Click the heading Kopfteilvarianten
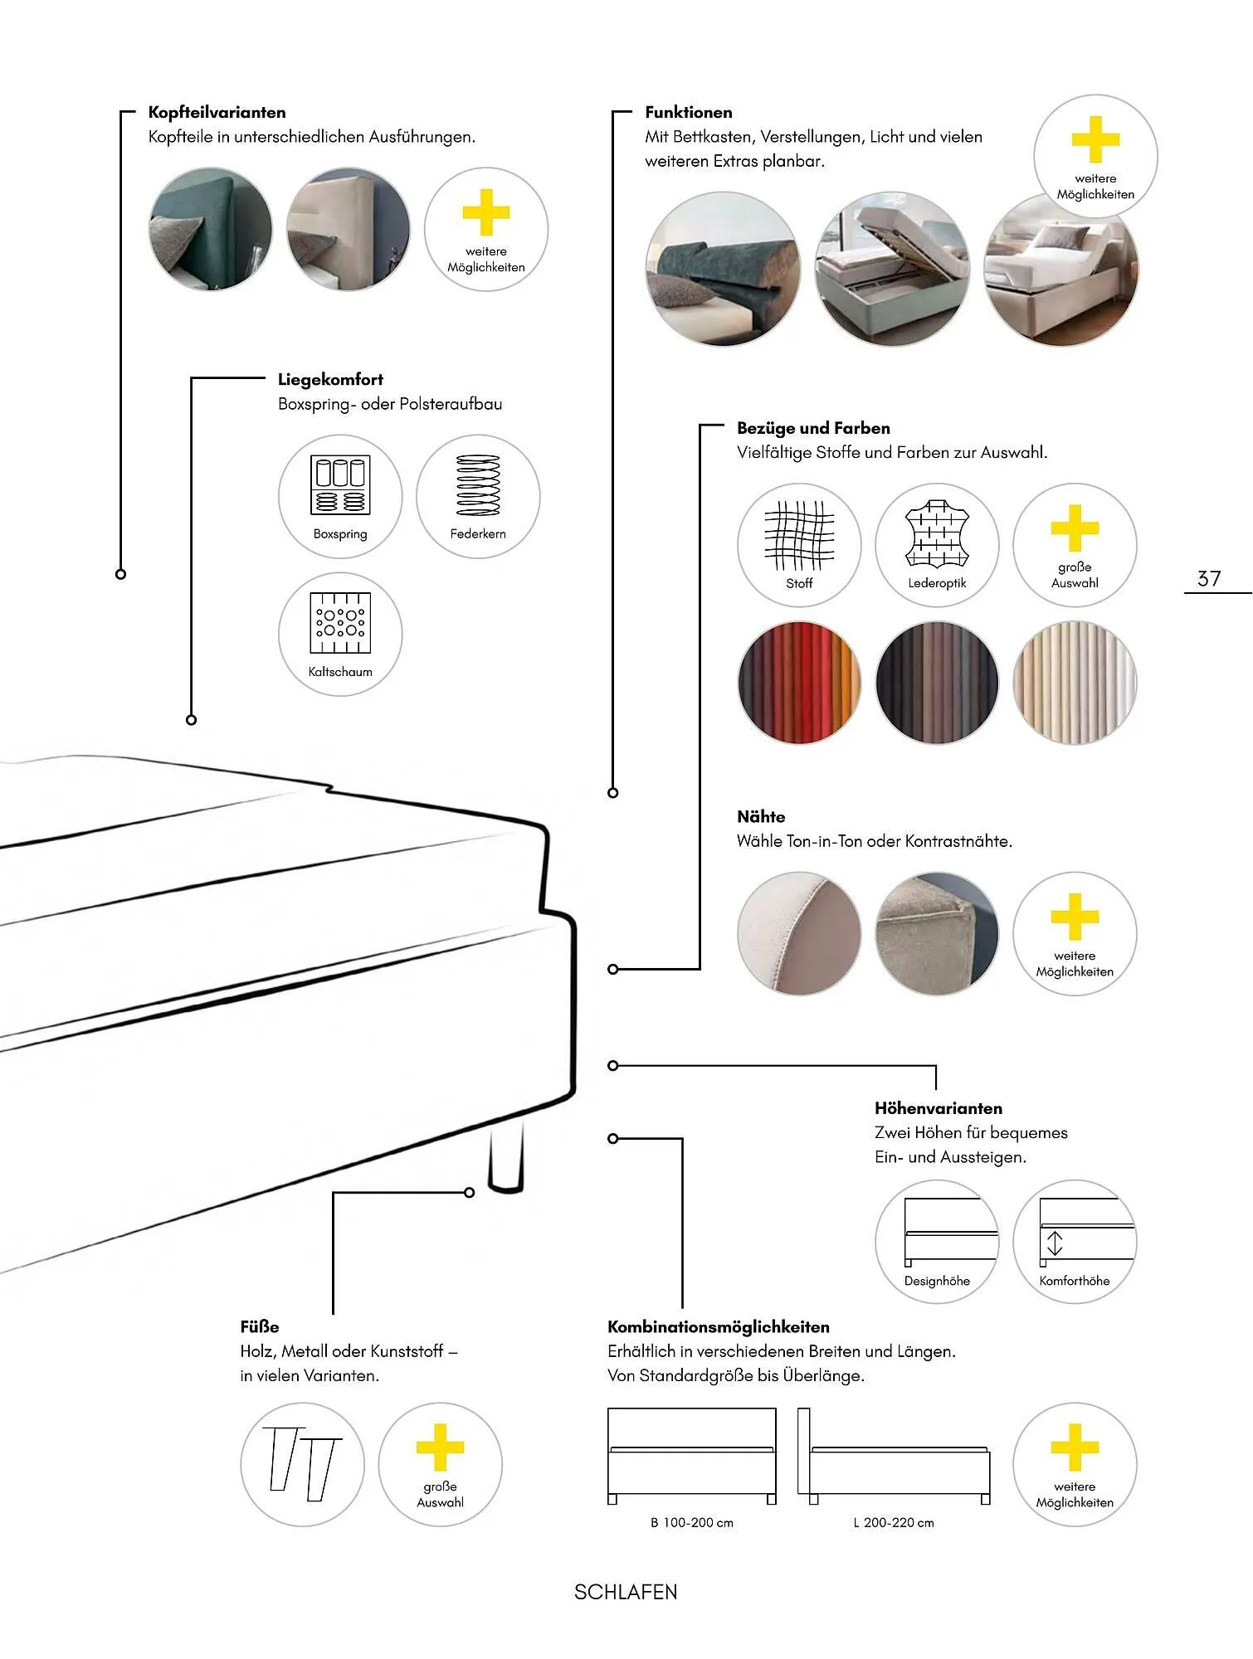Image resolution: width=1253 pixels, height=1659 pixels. [217, 112]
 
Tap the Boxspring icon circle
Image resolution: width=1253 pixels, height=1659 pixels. [340, 496]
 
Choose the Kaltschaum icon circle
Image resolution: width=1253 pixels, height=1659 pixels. [340, 634]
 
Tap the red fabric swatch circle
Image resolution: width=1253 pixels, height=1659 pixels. [799, 682]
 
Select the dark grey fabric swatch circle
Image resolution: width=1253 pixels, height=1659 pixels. [937, 682]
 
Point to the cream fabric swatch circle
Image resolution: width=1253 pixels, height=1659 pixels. [1075, 682]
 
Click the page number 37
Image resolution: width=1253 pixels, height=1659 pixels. [1209, 578]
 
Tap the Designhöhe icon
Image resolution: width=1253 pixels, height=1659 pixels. [937, 1241]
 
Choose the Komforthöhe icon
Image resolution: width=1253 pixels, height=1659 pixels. [1075, 1241]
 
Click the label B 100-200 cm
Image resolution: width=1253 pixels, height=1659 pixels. [692, 1522]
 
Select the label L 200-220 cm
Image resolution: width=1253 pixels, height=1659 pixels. [894, 1522]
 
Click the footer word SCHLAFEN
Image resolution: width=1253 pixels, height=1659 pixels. [626, 1592]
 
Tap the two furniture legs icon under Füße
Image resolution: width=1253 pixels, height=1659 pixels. [302, 1463]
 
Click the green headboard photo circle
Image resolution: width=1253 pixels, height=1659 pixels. [210, 229]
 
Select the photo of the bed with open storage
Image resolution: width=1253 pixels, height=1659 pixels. [892, 269]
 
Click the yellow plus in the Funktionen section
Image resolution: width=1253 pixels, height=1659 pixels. [1095, 139]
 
